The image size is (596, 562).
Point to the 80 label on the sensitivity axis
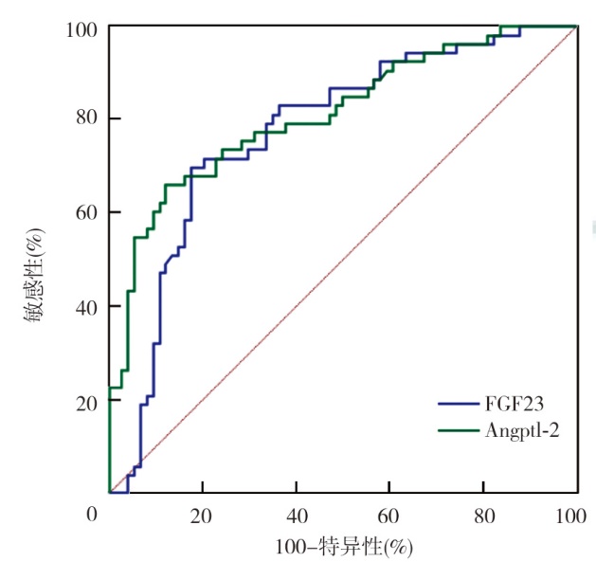pyautogui.click(x=83, y=119)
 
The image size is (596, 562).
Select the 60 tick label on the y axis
pyautogui.click(x=83, y=212)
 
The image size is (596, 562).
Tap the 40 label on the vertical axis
pyautogui.click(x=83, y=306)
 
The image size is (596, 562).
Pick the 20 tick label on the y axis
pyautogui.click(x=83, y=400)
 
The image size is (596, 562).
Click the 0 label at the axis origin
pyautogui.click(x=92, y=515)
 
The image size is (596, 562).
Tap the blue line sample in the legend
pyautogui.click(x=461, y=403)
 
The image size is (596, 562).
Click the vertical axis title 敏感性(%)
pyautogui.click(x=34, y=275)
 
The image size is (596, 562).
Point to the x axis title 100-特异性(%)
pyautogui.click(x=344, y=547)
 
